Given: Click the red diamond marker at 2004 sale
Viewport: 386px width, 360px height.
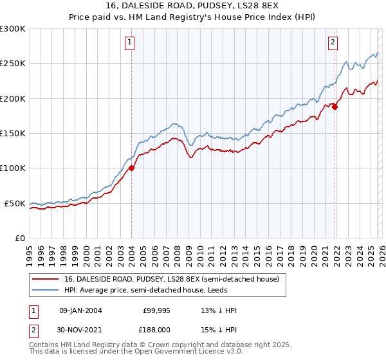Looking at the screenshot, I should click(132, 168).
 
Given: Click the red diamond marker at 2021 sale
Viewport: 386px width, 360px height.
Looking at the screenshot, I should click(335, 107).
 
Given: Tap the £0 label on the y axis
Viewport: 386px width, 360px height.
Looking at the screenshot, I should click(20, 238).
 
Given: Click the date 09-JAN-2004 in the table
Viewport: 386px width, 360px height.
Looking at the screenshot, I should click(80, 310).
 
